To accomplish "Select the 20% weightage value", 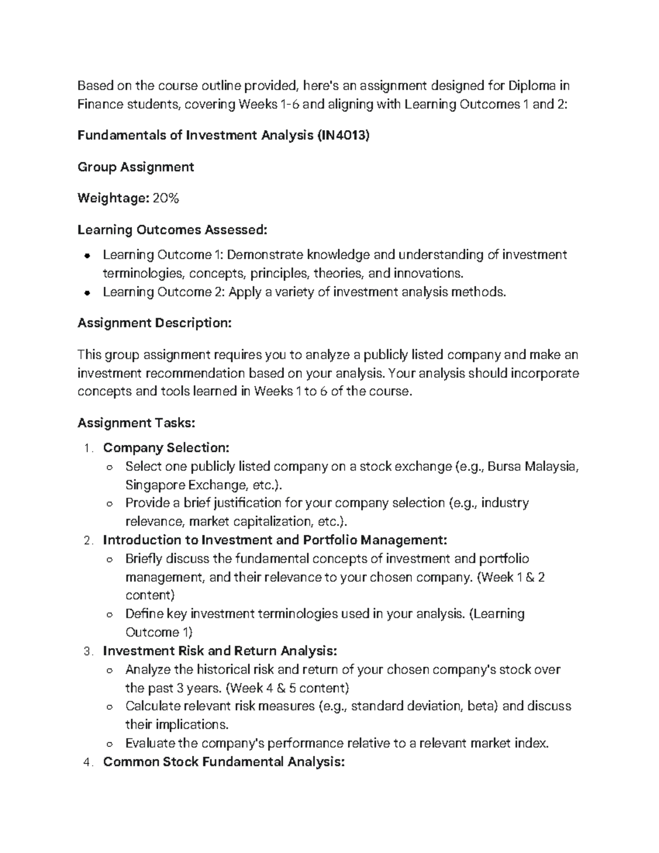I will [x=166, y=198].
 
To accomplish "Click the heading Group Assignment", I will [x=136, y=167].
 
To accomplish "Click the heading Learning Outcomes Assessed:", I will [x=172, y=230].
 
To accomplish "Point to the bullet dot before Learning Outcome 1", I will [x=87, y=256].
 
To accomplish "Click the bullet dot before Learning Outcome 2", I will [x=87, y=293].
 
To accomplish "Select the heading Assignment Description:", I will [x=154, y=323].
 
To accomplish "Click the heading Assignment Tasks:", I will [x=136, y=423].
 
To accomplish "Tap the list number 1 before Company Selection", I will [x=88, y=449].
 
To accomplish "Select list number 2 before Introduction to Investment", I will [x=88, y=541].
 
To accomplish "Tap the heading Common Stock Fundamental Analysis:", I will [x=224, y=762].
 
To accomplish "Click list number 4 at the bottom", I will [x=88, y=763].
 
